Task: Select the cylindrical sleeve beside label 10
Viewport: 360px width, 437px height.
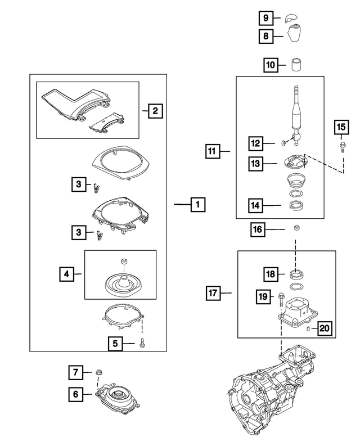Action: [x=296, y=65]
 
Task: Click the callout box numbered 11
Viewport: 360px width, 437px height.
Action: [x=211, y=151]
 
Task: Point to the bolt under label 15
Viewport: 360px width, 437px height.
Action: [x=341, y=147]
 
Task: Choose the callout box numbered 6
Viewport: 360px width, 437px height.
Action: [x=75, y=394]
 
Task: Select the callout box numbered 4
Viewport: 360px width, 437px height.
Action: [x=67, y=274]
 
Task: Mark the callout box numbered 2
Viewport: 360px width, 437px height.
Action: [x=155, y=111]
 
